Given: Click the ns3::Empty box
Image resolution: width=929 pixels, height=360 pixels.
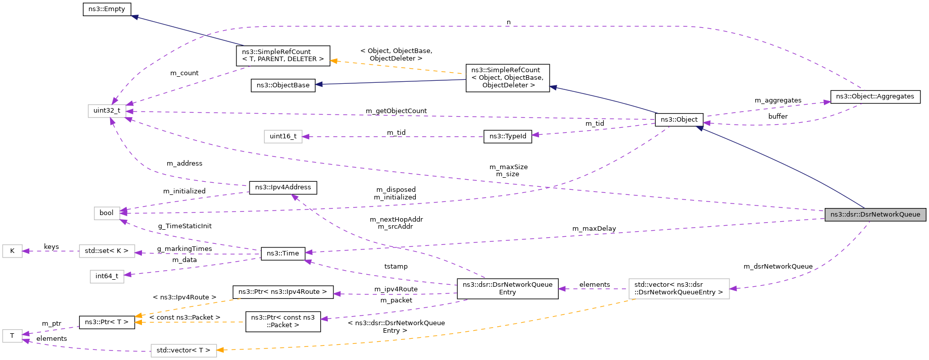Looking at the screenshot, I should [x=107, y=9].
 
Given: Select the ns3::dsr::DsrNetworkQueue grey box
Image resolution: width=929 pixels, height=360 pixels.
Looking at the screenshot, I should [x=875, y=215].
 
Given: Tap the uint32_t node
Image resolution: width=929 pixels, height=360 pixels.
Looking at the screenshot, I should [x=107, y=111].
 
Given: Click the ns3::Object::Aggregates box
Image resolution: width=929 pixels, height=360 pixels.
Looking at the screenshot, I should [x=875, y=96].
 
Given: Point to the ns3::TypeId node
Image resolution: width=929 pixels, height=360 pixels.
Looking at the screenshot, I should [x=507, y=136].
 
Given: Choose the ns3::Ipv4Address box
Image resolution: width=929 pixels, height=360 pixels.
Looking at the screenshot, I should [x=283, y=187].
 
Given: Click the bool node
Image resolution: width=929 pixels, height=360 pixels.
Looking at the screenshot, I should [x=107, y=213].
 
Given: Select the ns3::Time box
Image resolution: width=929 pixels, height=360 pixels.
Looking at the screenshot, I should [x=283, y=253].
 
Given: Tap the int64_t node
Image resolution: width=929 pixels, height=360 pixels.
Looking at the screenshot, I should [x=107, y=276].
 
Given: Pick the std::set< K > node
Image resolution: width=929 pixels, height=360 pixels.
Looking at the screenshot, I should [x=107, y=251].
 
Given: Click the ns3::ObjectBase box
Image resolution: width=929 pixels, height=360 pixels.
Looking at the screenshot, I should [x=283, y=85].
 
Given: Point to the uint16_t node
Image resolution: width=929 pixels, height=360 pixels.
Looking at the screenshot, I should [x=283, y=136].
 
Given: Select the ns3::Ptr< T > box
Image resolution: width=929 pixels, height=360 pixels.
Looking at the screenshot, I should [x=107, y=322].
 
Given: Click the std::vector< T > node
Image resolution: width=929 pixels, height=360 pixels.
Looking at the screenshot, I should [x=183, y=350].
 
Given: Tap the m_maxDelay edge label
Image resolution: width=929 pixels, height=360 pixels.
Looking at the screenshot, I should [x=594, y=229].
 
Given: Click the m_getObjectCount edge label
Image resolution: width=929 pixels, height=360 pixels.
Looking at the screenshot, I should [x=396, y=111].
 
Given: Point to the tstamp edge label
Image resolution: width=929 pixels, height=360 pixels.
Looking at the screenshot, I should [x=396, y=267].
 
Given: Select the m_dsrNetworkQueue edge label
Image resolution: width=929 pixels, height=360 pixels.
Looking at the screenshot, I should [x=777, y=267].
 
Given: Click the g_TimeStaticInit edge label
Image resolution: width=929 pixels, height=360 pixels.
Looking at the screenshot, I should [x=184, y=226].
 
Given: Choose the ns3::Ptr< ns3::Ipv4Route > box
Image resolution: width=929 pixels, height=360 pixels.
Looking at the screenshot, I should [x=283, y=292].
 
